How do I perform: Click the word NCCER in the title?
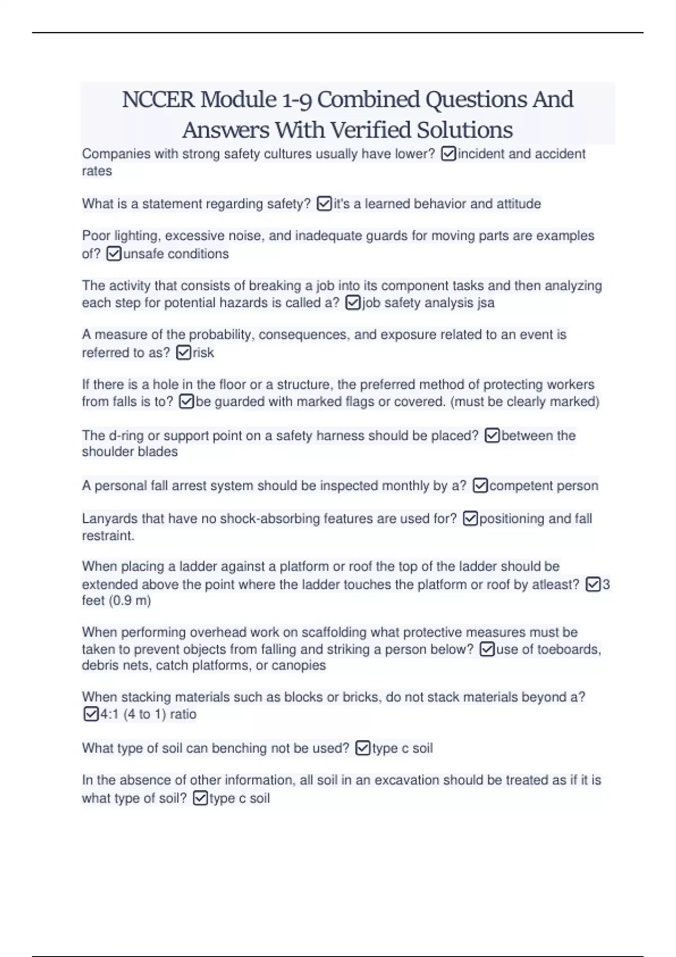point(158,100)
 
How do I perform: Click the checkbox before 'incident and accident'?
point(448,154)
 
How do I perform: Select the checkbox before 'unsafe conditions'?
point(113,254)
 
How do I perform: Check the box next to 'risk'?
point(184,353)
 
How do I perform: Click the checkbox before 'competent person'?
point(480,485)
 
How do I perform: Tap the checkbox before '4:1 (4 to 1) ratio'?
point(90,714)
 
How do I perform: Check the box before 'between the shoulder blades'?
point(492,436)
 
